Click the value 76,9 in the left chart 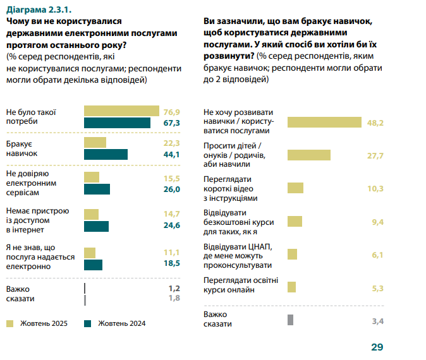172,111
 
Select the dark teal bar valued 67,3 117,123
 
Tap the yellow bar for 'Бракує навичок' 95,143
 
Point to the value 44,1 172,154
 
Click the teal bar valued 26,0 97,189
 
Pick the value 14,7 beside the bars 172,213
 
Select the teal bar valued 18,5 93,263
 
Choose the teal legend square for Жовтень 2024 88,323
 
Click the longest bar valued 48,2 324,122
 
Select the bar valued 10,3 295,188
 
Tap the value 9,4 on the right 377,221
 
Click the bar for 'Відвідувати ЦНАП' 292,254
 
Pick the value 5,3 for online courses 377,287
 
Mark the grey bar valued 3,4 290,320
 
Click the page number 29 377,347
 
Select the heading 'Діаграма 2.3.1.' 37,9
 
